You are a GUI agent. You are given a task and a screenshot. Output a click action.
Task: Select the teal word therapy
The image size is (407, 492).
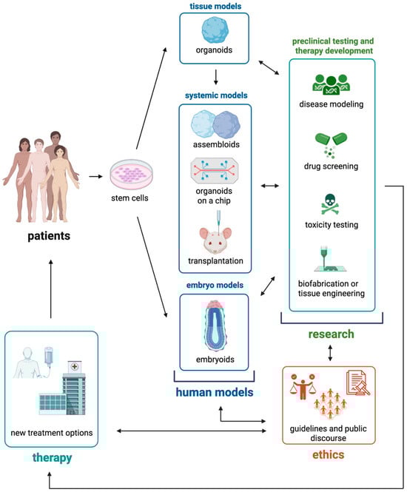click(53, 458)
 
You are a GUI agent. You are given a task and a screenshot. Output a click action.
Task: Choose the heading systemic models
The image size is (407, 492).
click(215, 94)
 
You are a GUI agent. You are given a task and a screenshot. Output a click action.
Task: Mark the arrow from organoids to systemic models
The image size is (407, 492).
click(215, 76)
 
